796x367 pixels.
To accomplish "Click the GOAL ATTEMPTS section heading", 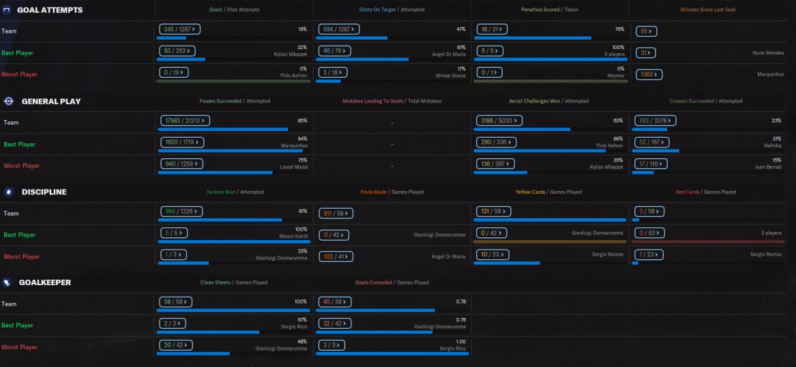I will pyautogui.click(x=50, y=10).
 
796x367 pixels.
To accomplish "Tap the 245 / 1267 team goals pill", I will pyautogui.click(x=177, y=31).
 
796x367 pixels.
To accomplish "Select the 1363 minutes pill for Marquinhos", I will pyautogui.click(x=648, y=74).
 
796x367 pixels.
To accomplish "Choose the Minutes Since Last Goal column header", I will pyautogui.click(x=707, y=10).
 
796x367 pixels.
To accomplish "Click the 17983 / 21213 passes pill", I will pyautogui.click(x=184, y=121).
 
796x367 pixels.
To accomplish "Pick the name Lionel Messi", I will pyautogui.click(x=294, y=166).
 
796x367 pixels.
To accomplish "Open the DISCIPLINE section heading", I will pyautogui.click(x=44, y=192).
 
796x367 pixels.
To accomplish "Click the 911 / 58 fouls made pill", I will pyautogui.click(x=334, y=214).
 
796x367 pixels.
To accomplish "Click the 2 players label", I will pyautogui.click(x=771, y=233).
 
